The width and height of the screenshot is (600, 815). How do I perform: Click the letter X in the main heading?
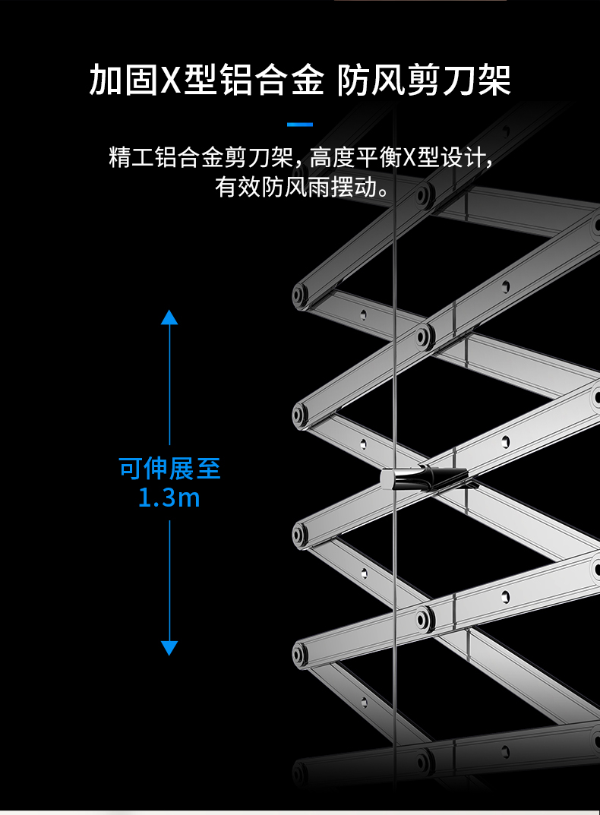[x=169, y=80]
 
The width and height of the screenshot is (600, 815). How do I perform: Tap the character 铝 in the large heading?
[x=237, y=80]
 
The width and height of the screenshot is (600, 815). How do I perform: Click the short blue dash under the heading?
[x=300, y=125]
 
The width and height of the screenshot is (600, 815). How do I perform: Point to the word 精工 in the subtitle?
[x=131, y=157]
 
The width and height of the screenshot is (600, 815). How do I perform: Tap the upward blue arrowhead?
[x=169, y=317]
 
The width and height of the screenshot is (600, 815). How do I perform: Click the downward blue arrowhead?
[x=169, y=648]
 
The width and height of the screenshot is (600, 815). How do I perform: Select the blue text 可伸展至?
[x=169, y=469]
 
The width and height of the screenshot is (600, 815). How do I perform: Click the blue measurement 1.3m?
[x=169, y=498]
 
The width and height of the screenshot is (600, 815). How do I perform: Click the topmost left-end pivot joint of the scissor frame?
[x=299, y=295]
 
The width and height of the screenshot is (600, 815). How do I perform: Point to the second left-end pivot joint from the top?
[x=299, y=415]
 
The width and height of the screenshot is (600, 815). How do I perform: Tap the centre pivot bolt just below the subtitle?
[x=423, y=196]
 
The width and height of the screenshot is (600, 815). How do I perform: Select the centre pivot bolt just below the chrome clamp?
[x=424, y=618]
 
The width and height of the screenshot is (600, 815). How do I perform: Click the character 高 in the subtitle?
[x=321, y=157]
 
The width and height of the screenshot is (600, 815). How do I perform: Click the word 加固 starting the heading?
[x=123, y=80]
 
